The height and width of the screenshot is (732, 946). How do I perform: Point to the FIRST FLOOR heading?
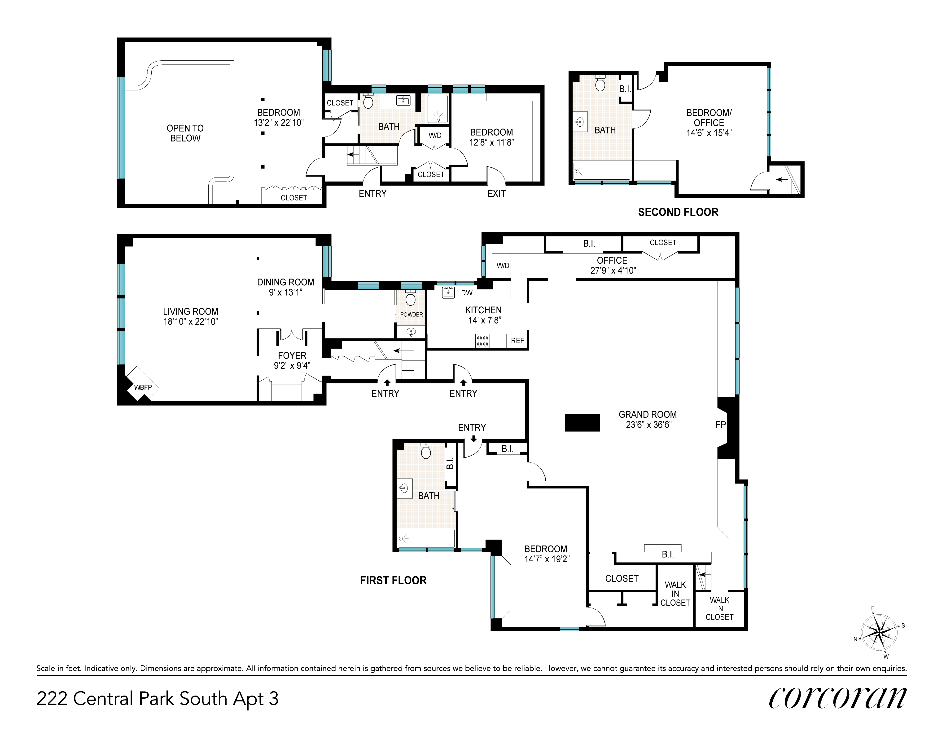(x=393, y=580)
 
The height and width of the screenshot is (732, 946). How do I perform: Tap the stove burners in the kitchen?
(x=482, y=341)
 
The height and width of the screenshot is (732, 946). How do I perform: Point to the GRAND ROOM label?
(x=648, y=414)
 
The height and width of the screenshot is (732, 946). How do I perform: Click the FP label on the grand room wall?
(x=720, y=425)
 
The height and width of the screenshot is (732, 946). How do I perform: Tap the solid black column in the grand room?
(x=582, y=422)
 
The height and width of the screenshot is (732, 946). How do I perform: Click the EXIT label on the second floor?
(x=496, y=193)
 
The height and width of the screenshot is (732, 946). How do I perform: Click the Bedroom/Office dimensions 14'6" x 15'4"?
(x=709, y=133)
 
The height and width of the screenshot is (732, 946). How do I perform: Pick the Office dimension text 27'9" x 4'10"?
(x=613, y=271)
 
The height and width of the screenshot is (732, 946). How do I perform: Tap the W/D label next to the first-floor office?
(x=503, y=266)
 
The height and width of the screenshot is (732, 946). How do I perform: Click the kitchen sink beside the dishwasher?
(x=448, y=293)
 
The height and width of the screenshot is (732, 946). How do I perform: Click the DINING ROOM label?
(x=285, y=282)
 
